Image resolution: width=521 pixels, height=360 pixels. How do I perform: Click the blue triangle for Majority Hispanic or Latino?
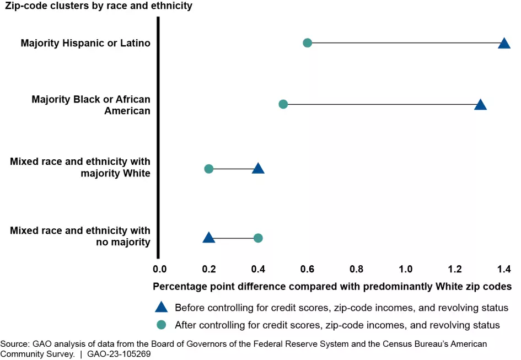coord(504,44)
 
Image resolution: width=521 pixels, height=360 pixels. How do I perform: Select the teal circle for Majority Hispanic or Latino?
coord(308,43)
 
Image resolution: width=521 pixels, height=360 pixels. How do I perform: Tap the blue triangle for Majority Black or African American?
coord(480,105)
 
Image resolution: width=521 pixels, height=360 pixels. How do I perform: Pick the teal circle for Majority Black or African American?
coord(283,104)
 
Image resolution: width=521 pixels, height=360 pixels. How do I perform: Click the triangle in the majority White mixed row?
coord(258,168)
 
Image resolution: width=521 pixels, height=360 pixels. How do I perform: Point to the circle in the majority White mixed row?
coord(208,169)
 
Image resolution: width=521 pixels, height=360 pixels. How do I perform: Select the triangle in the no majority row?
coord(208,238)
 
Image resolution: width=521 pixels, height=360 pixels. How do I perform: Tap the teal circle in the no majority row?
coord(258,238)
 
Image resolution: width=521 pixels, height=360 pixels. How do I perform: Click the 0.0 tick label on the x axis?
coord(159,270)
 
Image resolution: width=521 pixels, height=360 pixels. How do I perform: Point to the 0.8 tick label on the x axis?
coord(357,270)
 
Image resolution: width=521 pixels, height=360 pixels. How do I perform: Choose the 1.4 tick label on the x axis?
coord(504,270)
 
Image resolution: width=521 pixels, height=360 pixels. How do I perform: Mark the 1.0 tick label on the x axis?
coord(406,270)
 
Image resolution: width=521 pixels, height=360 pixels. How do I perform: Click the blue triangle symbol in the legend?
coord(161,308)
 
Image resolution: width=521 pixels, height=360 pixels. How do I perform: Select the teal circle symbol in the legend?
coord(161,325)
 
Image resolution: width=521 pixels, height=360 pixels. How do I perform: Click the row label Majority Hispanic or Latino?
coord(85,43)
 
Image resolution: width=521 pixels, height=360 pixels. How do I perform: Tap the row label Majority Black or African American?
coord(91,105)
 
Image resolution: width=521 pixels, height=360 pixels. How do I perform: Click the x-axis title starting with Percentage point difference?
coord(332,287)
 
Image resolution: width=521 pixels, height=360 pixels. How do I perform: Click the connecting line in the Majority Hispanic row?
coord(405,43)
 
